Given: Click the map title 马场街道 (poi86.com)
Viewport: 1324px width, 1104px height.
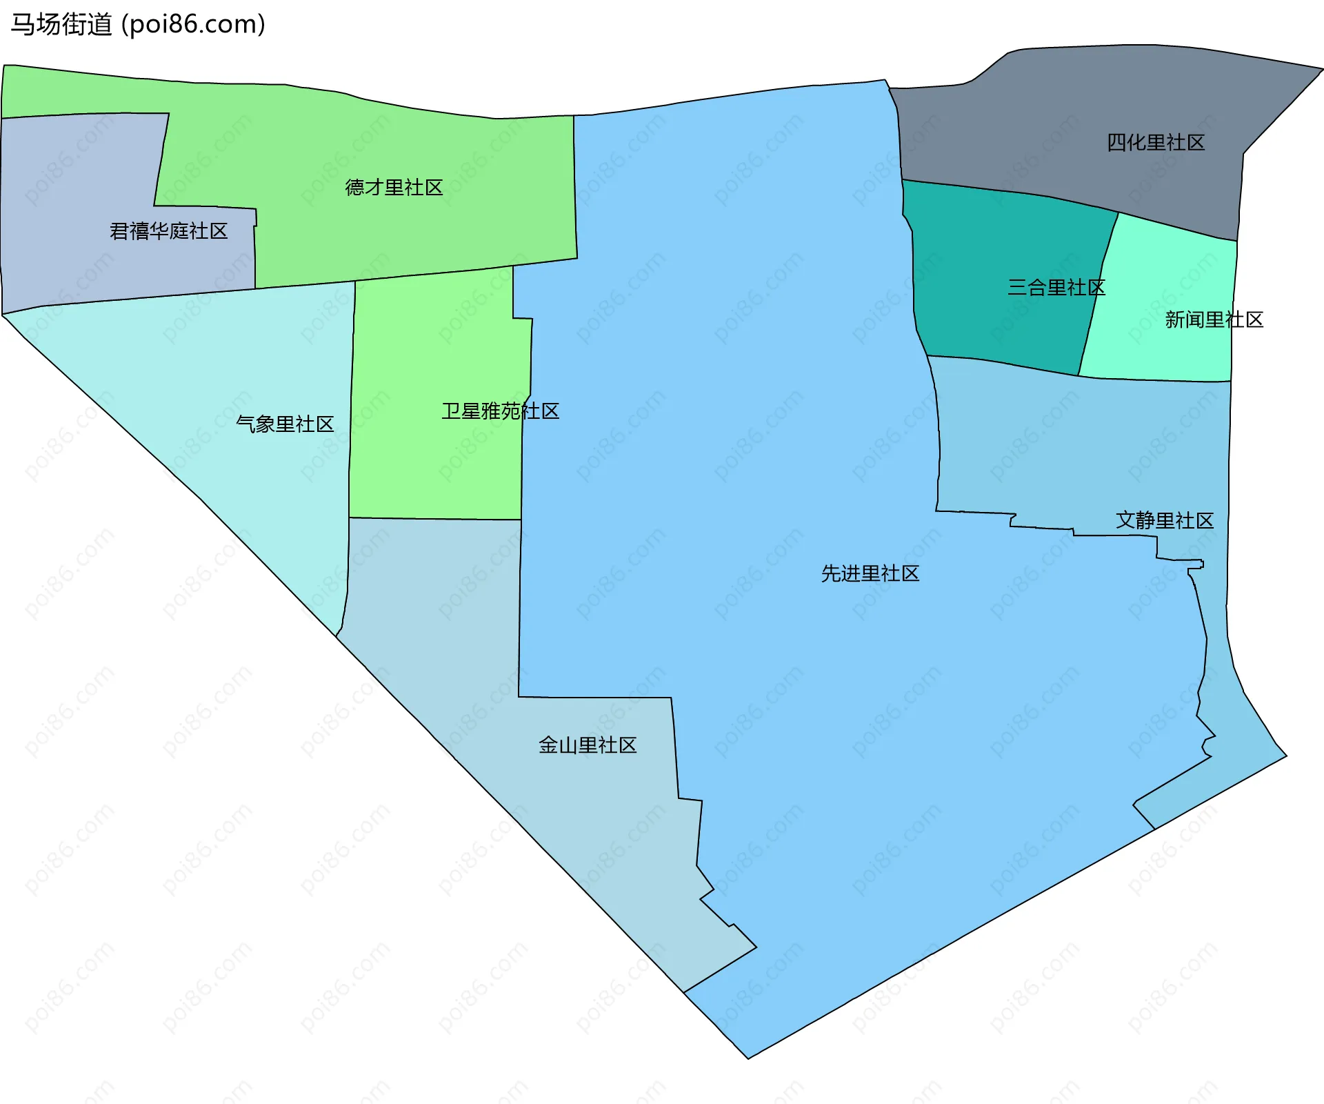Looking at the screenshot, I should click(x=138, y=25).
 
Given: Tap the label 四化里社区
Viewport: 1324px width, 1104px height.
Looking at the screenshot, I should click(x=1156, y=143).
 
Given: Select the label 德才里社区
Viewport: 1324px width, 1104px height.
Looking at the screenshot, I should click(x=394, y=188).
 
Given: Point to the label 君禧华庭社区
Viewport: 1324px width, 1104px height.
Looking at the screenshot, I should click(x=169, y=231).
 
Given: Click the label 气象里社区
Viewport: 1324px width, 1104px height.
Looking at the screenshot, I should click(x=285, y=424).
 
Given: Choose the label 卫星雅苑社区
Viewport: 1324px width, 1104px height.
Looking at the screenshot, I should click(x=501, y=411).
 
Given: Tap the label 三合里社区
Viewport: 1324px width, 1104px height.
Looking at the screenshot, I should click(x=1056, y=287).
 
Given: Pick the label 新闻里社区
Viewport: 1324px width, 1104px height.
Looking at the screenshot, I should click(x=1214, y=319).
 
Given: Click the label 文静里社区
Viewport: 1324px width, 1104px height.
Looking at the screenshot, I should click(x=1165, y=520).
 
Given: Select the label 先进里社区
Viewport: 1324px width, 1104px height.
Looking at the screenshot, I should click(x=870, y=573).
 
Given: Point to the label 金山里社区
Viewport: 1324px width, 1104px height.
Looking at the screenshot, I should click(x=588, y=745).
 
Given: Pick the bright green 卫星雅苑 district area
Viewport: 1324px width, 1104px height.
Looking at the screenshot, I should click(x=428, y=469).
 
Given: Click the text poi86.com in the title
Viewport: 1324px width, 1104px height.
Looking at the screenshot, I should click(x=193, y=25).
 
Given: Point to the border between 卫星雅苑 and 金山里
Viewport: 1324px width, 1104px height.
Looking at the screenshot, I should click(x=434, y=518).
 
